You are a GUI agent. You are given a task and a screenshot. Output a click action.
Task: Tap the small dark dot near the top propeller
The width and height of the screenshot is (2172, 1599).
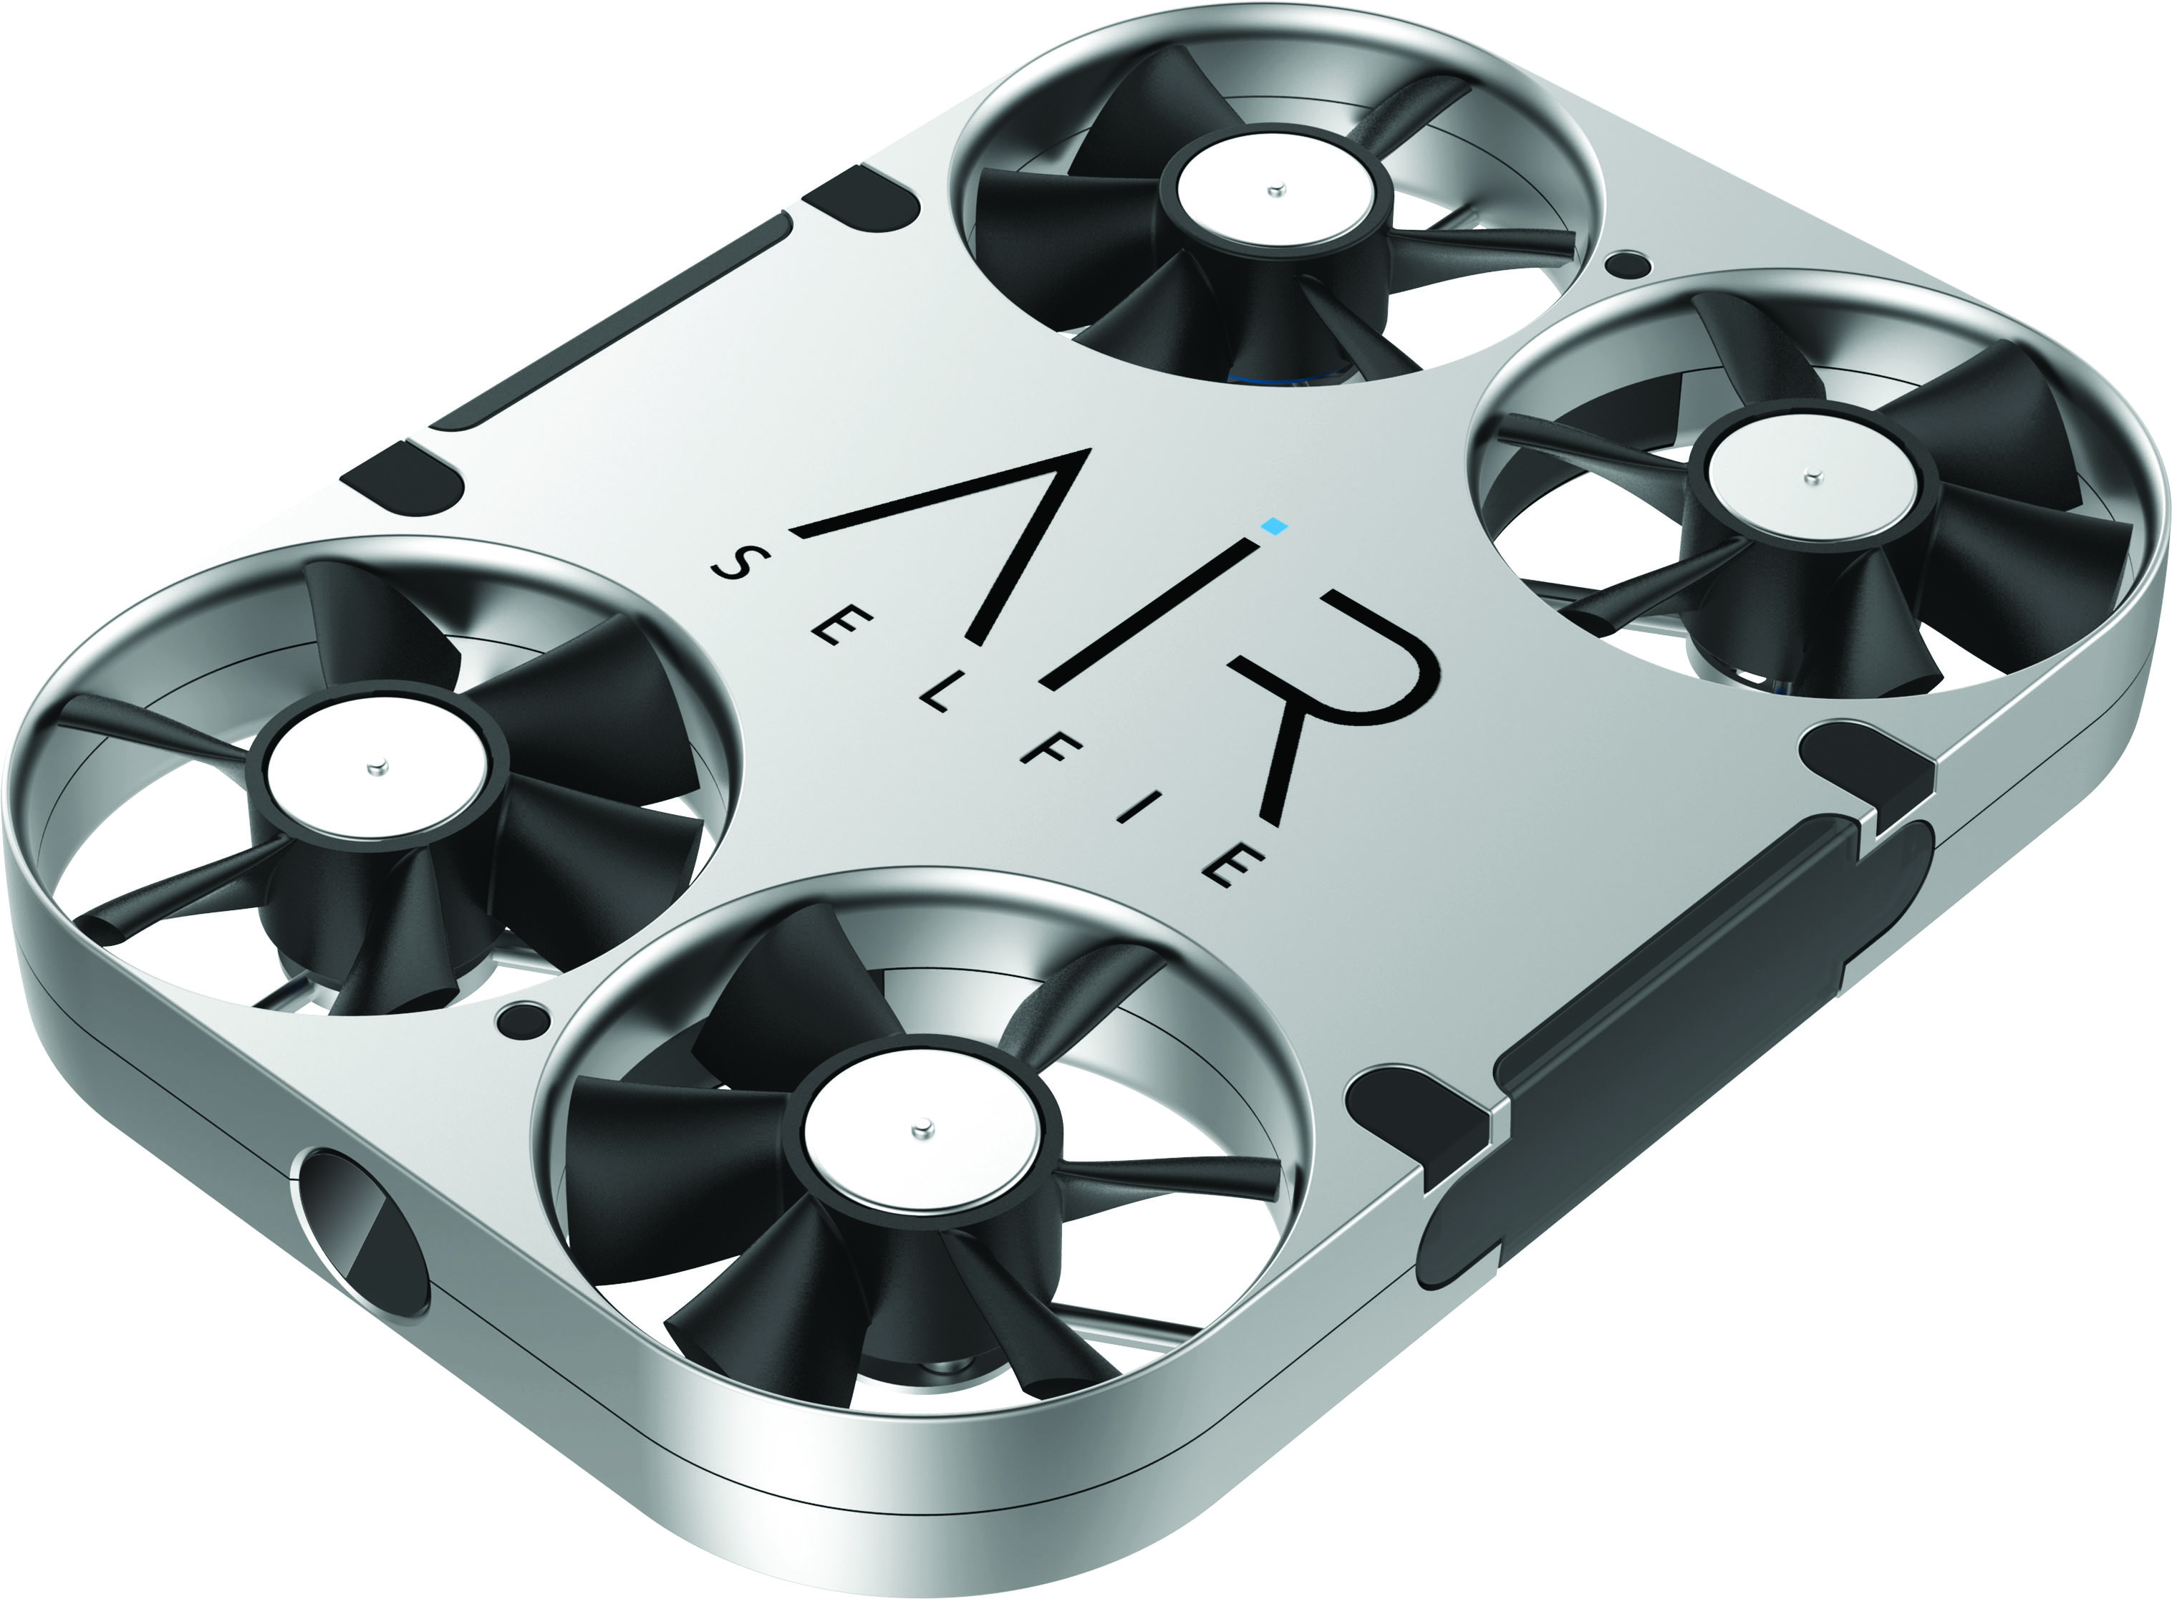pos(1627,264)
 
